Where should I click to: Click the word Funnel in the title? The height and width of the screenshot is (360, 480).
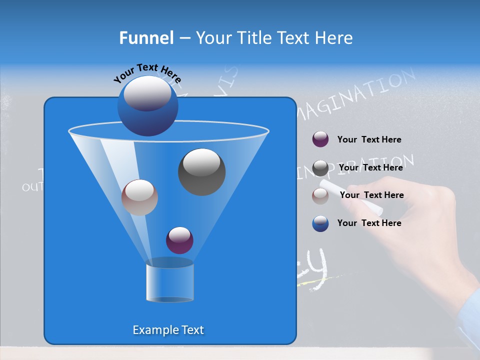(146, 38)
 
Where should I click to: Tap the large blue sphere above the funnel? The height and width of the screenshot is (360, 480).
(147, 105)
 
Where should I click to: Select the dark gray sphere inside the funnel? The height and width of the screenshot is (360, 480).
(201, 172)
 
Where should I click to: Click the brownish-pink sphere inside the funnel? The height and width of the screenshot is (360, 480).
(139, 197)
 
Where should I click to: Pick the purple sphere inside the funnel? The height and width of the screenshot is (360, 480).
(179, 240)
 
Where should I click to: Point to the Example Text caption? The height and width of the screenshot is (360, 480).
(168, 330)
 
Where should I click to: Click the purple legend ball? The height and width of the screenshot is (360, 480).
(320, 139)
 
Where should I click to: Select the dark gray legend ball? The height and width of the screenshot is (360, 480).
(320, 168)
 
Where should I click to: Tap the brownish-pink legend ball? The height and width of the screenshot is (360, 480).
(320, 196)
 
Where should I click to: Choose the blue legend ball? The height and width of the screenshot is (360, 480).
(320, 223)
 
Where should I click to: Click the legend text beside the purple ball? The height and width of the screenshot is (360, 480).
(369, 140)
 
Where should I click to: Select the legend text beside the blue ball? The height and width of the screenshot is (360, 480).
(369, 223)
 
